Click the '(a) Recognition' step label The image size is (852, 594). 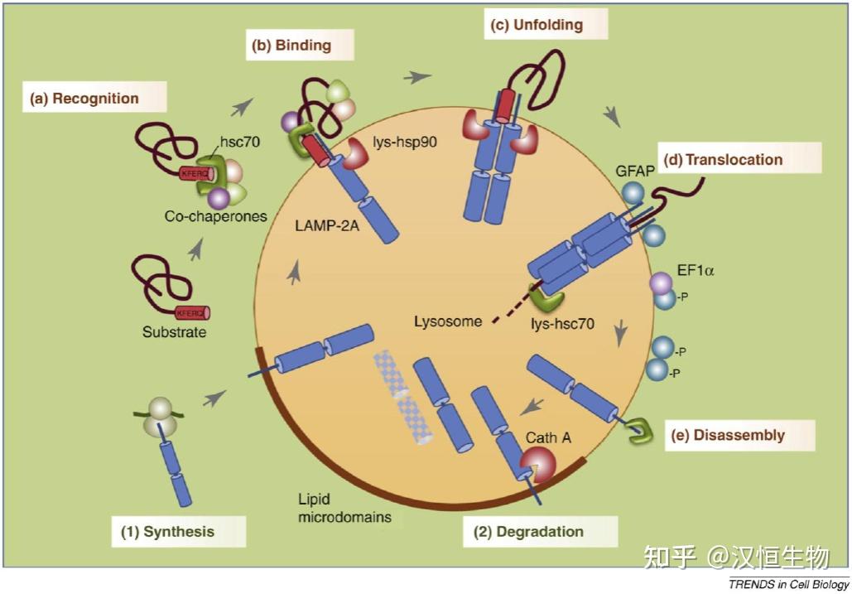click(84, 99)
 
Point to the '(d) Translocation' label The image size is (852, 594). click(722, 159)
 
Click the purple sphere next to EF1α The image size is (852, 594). click(662, 283)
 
